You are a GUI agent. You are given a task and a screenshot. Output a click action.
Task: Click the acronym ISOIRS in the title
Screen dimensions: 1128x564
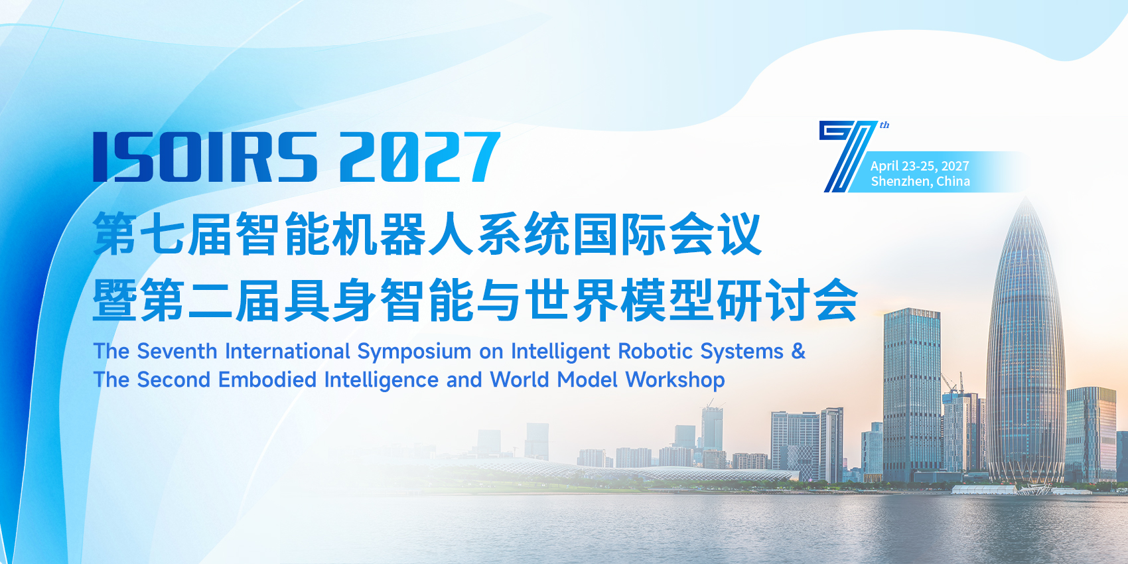pos(205,157)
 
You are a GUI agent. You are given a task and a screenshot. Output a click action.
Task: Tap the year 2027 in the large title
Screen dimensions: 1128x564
pos(420,157)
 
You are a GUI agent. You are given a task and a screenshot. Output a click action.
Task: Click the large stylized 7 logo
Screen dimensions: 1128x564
pos(847,156)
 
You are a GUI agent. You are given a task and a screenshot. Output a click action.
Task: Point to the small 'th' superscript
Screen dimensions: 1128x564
pos(884,125)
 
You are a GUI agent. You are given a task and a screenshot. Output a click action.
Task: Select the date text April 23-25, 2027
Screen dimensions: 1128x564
pos(920,166)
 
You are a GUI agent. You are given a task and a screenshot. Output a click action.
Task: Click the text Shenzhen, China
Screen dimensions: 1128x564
pos(920,181)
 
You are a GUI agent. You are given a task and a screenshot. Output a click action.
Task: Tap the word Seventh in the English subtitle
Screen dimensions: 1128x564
pos(176,351)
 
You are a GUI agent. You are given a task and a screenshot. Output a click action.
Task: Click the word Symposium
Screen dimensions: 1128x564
pos(414,352)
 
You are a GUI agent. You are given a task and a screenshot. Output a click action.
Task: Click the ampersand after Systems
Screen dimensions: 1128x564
pos(798,351)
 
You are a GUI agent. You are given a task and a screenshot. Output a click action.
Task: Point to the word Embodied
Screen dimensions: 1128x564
pos(267,380)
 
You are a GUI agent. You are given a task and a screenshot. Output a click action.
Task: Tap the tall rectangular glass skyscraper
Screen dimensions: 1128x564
pos(912,395)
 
